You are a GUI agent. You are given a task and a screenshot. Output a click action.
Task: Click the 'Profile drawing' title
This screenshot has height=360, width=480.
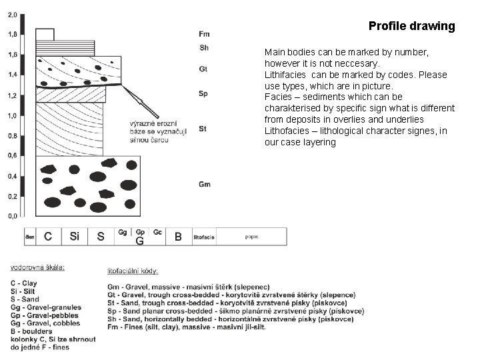[411, 27]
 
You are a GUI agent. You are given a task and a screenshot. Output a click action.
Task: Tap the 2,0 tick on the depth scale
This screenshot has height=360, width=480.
[13, 13]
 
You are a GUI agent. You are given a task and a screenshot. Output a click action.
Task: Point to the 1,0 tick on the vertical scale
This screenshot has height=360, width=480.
[13, 116]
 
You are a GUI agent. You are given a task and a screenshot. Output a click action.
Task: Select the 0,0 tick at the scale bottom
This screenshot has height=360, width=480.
[13, 216]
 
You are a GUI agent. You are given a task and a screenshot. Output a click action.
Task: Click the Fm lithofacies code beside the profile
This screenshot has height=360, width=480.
[204, 34]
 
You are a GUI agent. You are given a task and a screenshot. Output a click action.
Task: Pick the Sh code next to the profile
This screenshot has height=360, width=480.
[204, 47]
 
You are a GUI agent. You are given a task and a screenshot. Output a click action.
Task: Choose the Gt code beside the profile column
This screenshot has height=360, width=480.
[203, 69]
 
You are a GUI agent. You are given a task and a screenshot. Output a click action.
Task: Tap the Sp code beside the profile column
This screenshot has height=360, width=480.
[203, 94]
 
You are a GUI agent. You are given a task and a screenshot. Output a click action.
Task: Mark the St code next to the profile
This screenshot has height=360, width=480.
[203, 129]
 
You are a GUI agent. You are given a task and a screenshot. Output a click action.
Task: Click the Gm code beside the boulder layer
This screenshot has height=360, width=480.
[205, 184]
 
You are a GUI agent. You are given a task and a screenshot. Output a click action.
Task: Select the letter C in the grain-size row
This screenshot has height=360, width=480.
[48, 236]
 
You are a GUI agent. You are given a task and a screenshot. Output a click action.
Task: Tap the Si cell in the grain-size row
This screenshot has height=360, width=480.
[75, 236]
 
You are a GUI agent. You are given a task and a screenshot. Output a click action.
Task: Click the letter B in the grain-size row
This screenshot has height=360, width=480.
[178, 236]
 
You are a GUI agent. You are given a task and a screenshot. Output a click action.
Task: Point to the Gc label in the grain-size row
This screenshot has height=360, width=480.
[157, 233]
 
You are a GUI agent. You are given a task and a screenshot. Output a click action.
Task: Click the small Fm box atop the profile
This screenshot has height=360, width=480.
[45, 35]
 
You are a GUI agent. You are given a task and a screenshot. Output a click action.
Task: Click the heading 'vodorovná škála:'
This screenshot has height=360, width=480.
[37, 267]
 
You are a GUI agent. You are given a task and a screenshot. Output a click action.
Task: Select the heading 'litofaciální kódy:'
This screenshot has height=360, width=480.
[133, 271]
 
